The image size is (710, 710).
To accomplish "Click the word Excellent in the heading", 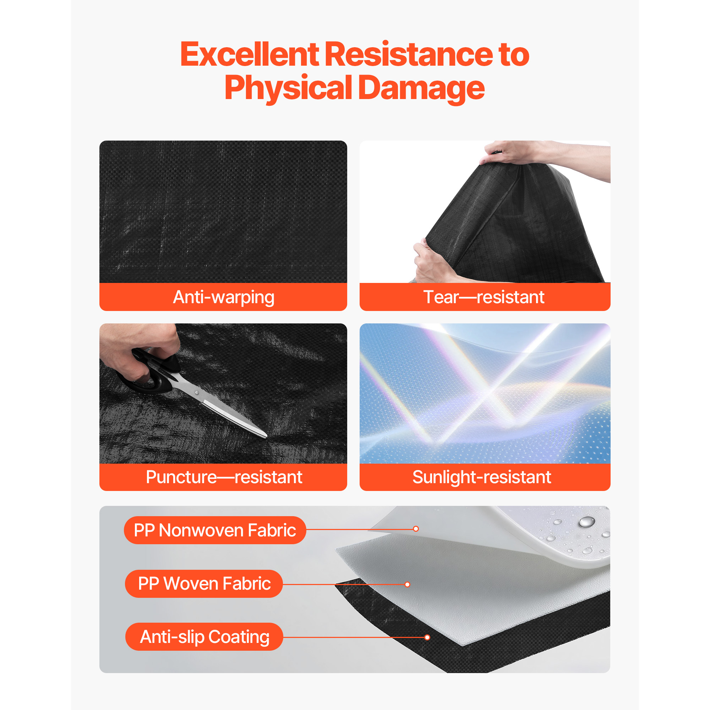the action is (x=250, y=54).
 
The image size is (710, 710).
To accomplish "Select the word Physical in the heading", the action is (x=289, y=88).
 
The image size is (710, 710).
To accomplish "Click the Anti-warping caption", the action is (x=223, y=297).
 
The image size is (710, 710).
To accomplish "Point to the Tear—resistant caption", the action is (x=484, y=297).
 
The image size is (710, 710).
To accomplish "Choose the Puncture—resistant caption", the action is (x=224, y=477).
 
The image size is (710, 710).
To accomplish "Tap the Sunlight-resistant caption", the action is (x=481, y=477).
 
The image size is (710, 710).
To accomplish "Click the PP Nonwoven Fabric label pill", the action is (x=215, y=530).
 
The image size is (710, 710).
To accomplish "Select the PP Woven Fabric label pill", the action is (x=204, y=584).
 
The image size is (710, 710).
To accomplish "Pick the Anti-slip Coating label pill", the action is (x=204, y=637).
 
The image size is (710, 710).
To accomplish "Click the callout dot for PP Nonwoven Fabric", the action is (x=416, y=529).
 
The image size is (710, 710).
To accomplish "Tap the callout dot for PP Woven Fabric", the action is (x=407, y=584).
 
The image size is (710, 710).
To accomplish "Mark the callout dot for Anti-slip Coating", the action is (x=427, y=637).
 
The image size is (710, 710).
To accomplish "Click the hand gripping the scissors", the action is (x=142, y=349).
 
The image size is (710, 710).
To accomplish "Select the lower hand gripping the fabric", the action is (x=434, y=261).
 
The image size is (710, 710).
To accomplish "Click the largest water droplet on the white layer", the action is (x=586, y=521).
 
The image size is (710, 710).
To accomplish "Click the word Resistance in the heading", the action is (x=409, y=54).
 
